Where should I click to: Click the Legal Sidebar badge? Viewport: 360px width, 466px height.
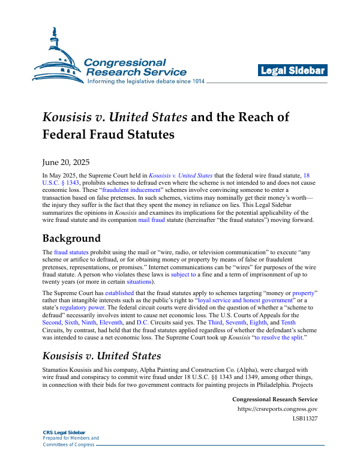coord(293,71)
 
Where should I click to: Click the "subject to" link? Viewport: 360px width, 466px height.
coord(184,290)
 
